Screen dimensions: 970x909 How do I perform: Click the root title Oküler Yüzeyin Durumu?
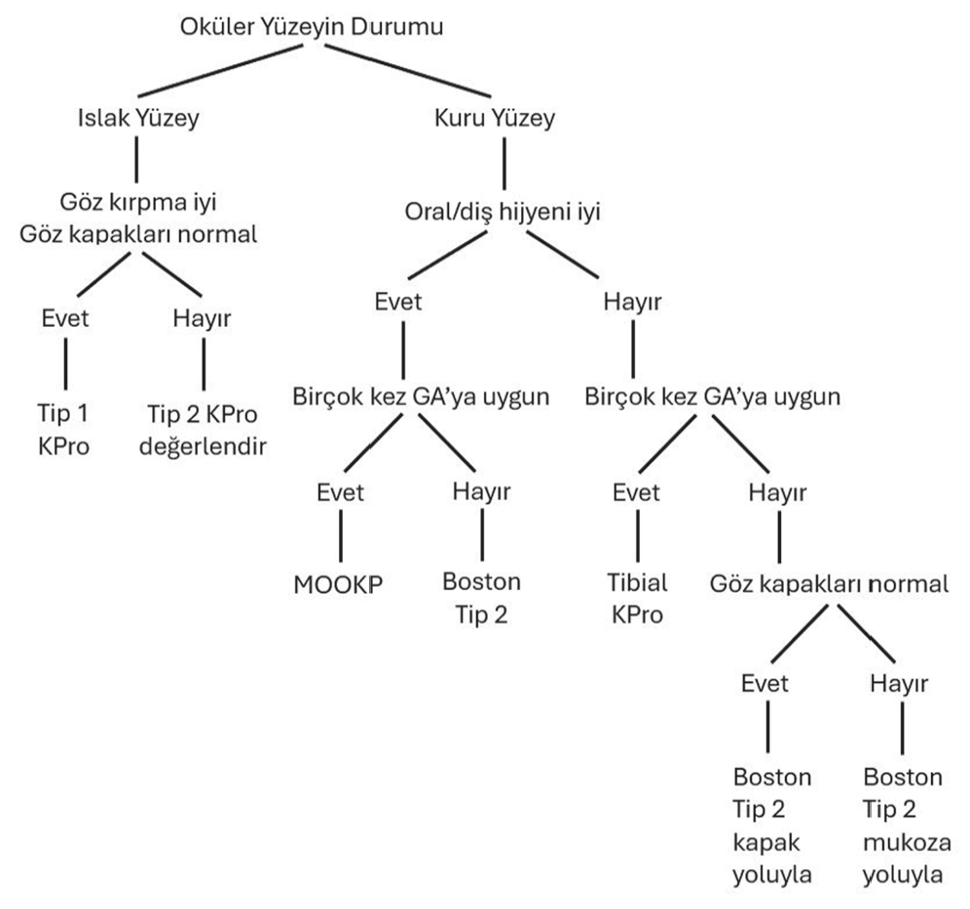[x=312, y=28]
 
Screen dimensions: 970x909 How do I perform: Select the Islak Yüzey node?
[x=138, y=118]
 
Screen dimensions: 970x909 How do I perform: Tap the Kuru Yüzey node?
[x=495, y=118]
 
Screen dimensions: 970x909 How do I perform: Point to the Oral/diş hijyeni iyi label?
[x=503, y=213]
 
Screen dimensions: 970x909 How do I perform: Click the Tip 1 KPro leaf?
[x=63, y=429]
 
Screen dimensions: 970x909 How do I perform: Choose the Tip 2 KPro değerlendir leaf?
[x=203, y=430]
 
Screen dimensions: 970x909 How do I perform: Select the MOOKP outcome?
[x=338, y=584]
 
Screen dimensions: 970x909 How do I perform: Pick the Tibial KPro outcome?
[x=637, y=599]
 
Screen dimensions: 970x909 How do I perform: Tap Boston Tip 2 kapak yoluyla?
[x=772, y=825]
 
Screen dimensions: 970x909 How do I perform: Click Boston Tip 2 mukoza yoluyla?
[x=907, y=825]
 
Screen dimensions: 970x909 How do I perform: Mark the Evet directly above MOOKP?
[x=340, y=492]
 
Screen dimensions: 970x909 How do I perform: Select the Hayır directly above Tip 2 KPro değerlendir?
[x=202, y=318]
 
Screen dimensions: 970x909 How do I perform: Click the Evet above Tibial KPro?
[x=636, y=492]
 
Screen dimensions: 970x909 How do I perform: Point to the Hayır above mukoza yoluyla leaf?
[x=899, y=683]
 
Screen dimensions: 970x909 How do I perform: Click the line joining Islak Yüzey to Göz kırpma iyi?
[x=136, y=160]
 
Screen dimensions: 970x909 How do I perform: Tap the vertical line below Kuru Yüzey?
[x=504, y=164]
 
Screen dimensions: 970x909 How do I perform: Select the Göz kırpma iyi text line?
[x=138, y=202]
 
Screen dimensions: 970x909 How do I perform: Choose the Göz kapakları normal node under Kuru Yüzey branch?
[x=829, y=584]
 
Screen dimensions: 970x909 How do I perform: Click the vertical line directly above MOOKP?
[x=340, y=535]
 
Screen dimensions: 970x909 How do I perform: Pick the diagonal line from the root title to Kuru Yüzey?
[x=408, y=70]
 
